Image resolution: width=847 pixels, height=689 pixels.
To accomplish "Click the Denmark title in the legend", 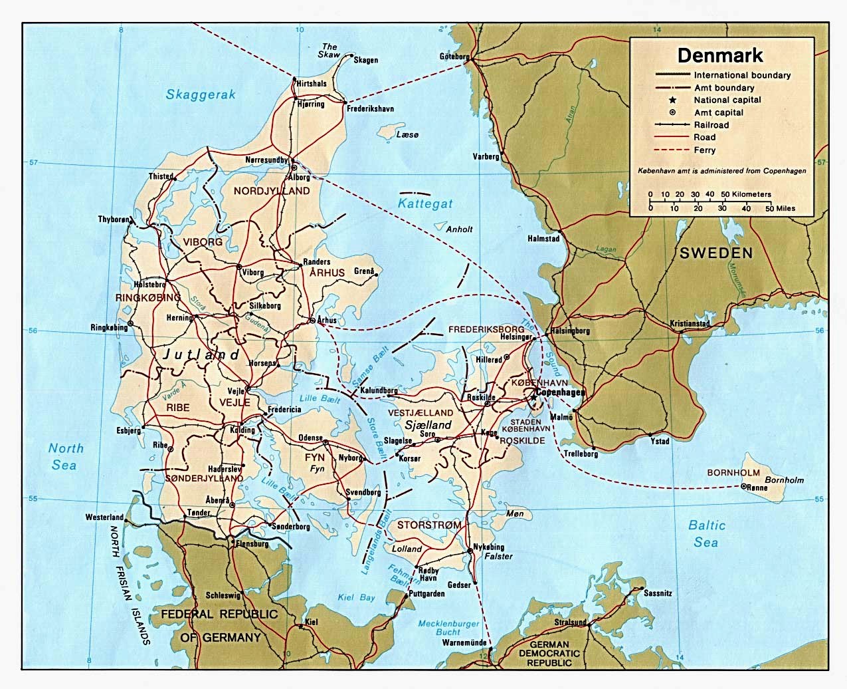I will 719,55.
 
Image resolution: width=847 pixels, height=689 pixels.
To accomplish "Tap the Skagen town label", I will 365,61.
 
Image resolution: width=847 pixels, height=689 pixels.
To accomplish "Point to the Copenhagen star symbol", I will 533,392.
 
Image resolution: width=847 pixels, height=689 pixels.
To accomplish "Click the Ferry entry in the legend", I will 704,150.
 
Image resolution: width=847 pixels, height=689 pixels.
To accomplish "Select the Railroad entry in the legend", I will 711,125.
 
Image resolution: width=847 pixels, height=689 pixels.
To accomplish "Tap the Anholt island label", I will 459,229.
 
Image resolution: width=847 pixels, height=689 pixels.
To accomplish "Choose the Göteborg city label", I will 454,57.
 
